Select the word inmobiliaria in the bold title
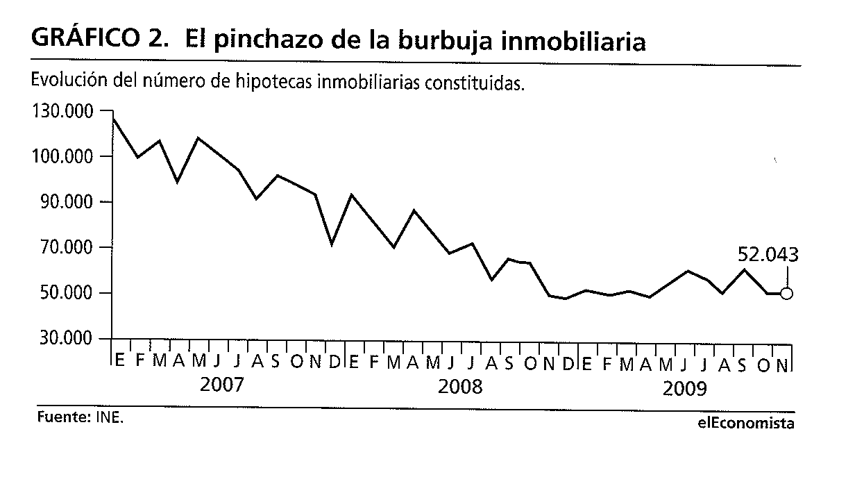(573, 41)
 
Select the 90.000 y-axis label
(67, 203)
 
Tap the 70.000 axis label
(67, 248)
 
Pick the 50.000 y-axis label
(67, 294)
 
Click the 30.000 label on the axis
(67, 339)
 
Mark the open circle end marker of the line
(787, 294)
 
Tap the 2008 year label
(460, 387)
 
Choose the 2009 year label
(684, 389)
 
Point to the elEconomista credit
(747, 423)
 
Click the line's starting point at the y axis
(113, 119)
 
